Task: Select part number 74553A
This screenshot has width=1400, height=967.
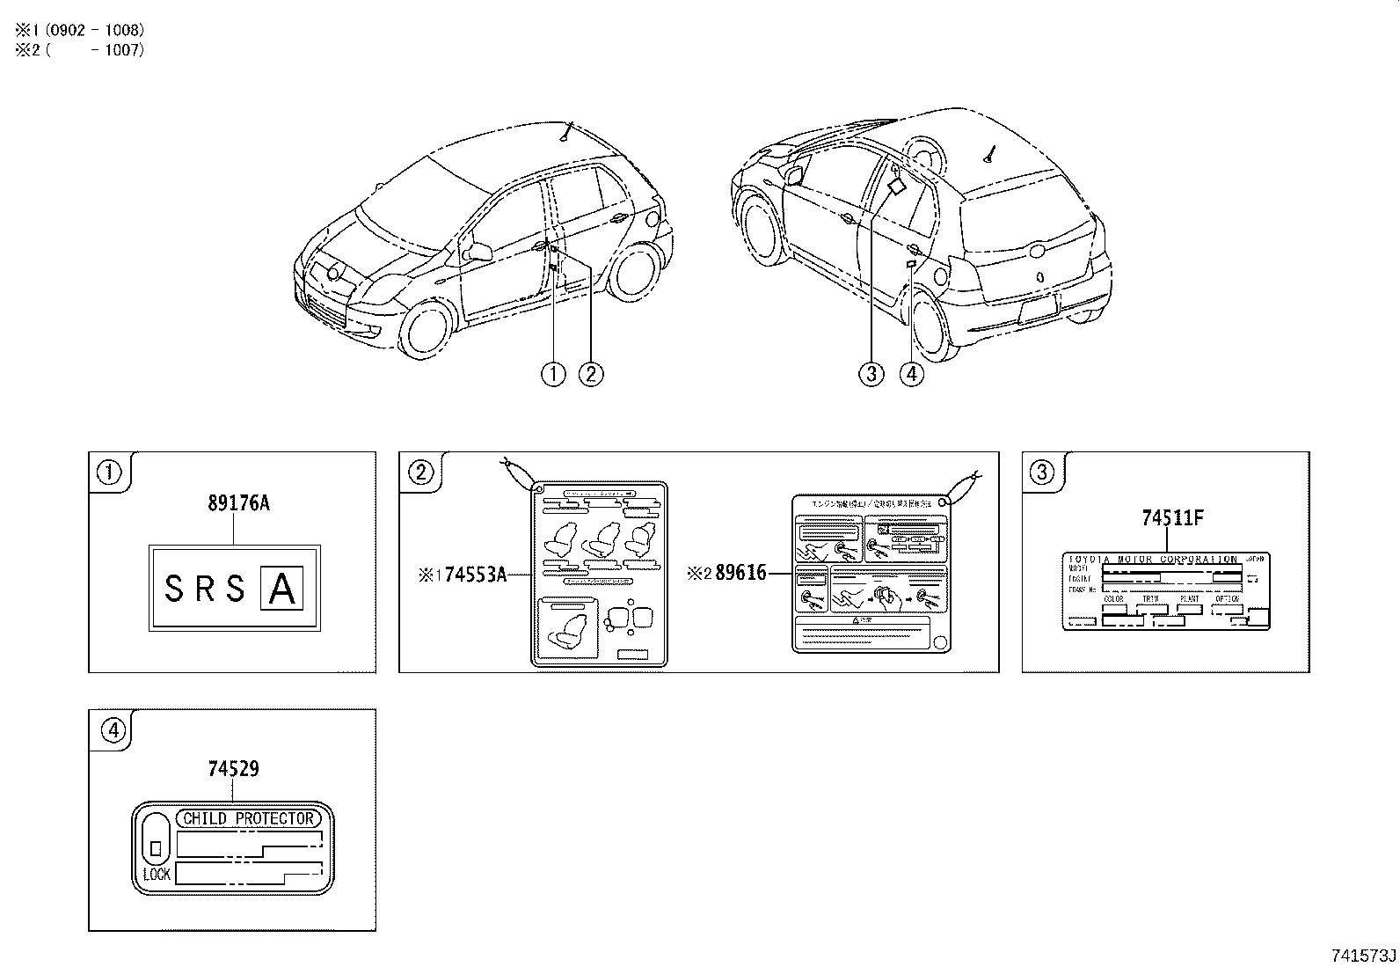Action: [476, 575]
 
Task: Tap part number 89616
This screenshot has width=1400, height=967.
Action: [740, 574]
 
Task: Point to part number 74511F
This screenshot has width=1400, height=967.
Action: [1172, 518]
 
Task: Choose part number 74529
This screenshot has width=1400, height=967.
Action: [233, 769]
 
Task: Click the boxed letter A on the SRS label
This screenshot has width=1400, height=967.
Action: [281, 590]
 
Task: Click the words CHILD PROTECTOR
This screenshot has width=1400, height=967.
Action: [248, 818]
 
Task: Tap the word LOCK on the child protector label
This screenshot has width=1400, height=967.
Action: [157, 875]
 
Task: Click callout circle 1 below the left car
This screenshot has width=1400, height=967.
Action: [553, 374]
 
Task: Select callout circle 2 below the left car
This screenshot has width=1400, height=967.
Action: [591, 374]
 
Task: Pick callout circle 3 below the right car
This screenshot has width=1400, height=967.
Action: [871, 374]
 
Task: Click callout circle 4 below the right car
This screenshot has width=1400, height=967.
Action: [912, 374]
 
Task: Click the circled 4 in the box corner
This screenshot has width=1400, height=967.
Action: [113, 729]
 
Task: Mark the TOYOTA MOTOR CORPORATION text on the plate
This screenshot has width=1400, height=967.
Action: [1152, 560]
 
